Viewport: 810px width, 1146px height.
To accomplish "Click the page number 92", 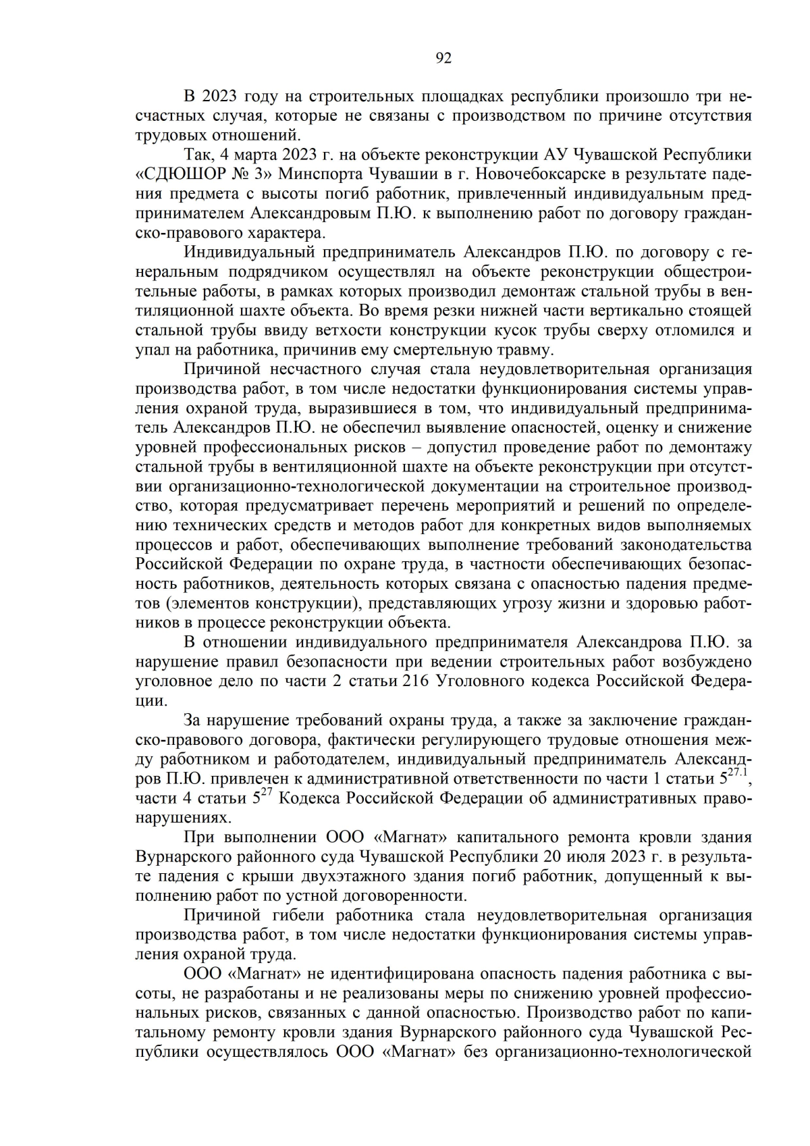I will [443, 58].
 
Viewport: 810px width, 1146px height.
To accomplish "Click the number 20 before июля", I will [551, 857].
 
